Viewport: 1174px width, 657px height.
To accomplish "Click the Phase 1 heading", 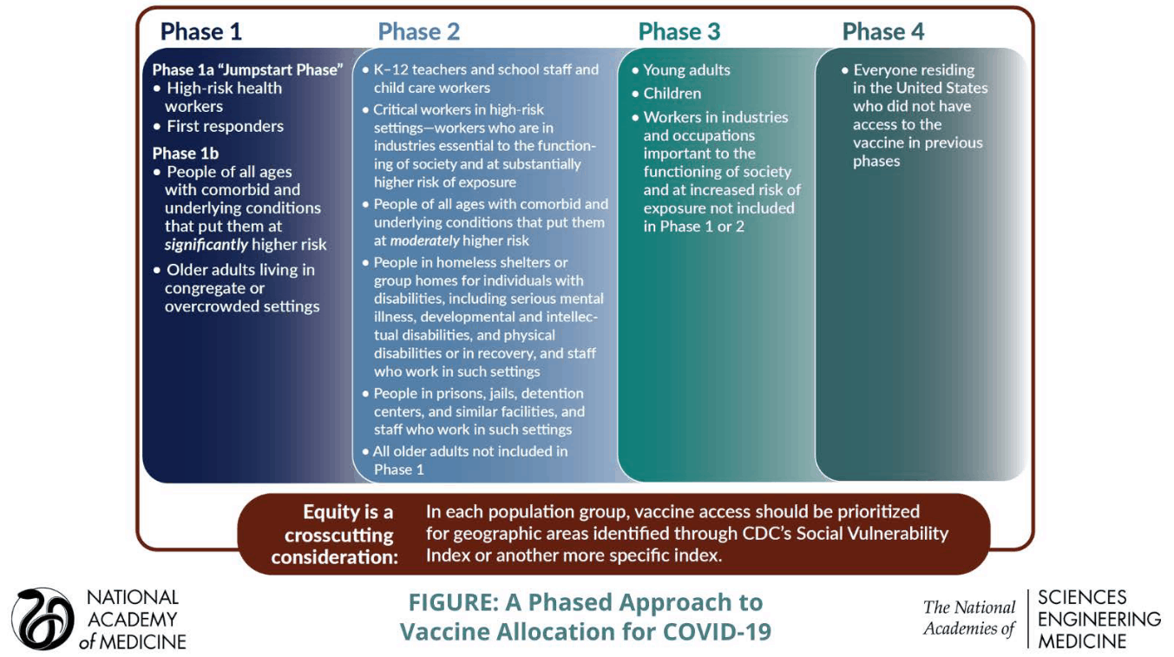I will [x=201, y=32].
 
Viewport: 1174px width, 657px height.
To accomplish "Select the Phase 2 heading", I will [x=418, y=32].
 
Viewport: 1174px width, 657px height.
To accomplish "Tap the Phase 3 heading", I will [x=679, y=32].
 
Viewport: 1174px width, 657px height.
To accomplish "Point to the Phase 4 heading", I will [x=882, y=32].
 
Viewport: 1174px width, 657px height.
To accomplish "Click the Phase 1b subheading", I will [x=186, y=154].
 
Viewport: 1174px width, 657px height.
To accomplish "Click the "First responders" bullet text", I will [x=225, y=126].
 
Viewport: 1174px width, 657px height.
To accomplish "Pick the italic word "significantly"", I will [x=207, y=245].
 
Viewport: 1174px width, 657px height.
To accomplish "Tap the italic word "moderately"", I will [x=425, y=240].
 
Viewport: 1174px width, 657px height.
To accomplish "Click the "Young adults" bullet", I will [x=686, y=70].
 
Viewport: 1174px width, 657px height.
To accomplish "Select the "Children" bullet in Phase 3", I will [x=672, y=94].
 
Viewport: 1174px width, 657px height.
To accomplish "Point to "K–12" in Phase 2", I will [x=393, y=69].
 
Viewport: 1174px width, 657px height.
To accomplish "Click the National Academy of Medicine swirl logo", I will [x=42, y=619].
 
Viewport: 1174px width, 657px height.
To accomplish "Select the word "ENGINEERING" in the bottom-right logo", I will [x=1099, y=619].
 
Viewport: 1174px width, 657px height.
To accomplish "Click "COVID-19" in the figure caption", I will [x=717, y=631].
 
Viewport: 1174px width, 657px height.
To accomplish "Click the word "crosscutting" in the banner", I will [x=339, y=535].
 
